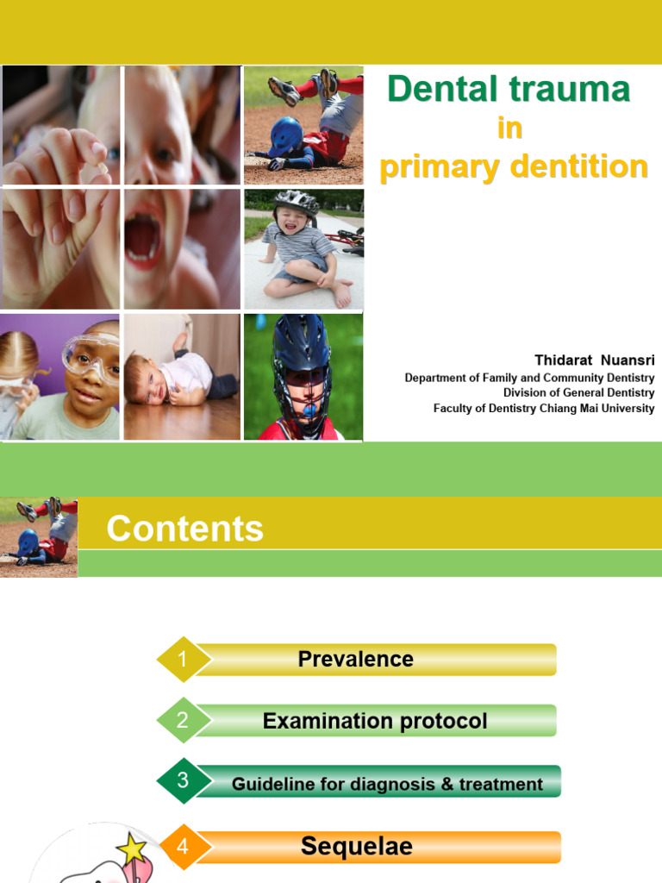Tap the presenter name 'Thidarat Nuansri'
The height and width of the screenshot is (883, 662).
(x=594, y=359)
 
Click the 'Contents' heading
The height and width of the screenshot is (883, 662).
(x=184, y=529)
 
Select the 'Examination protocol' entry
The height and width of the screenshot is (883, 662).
(x=375, y=721)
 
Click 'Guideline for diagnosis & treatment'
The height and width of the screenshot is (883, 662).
(x=387, y=784)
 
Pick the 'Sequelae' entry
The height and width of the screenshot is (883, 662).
(x=357, y=847)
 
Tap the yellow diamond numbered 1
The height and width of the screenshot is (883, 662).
(x=182, y=660)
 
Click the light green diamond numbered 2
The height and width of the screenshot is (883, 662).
(x=182, y=721)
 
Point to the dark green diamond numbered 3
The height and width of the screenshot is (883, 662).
(x=182, y=782)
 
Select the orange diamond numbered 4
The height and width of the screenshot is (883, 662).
(x=182, y=847)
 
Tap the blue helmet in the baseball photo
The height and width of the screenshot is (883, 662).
(x=285, y=135)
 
